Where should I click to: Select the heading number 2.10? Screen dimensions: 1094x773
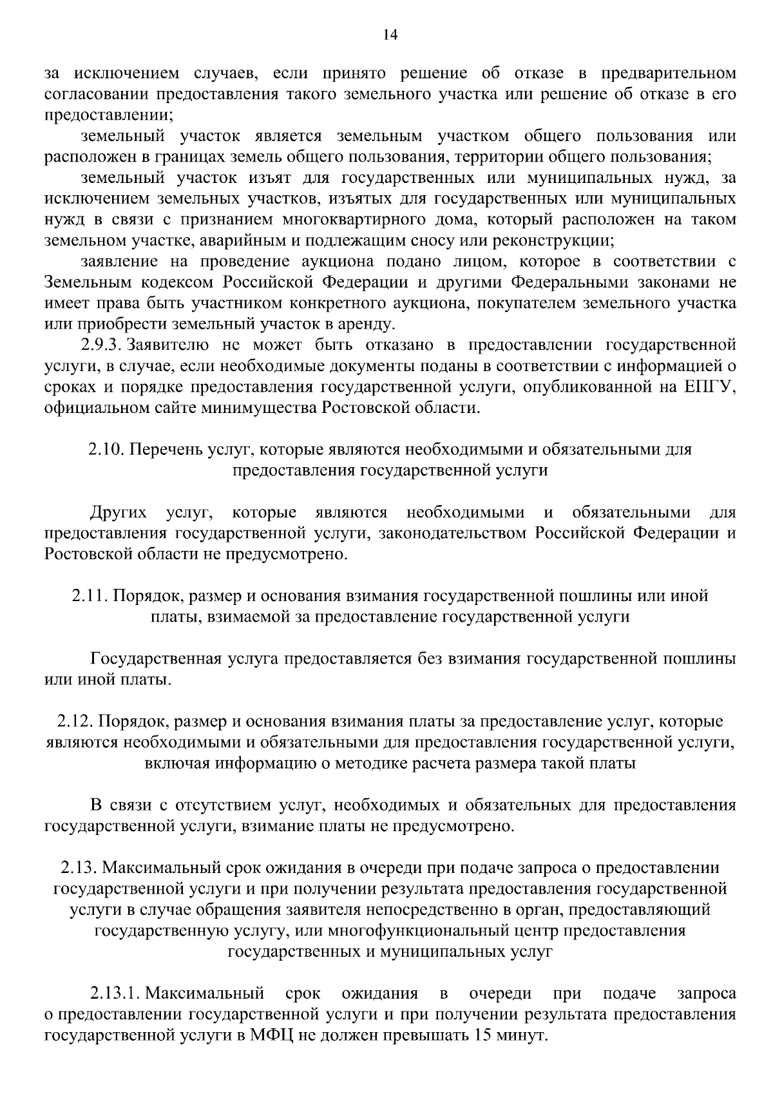click(105, 449)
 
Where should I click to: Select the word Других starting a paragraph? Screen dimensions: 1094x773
click(118, 513)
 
